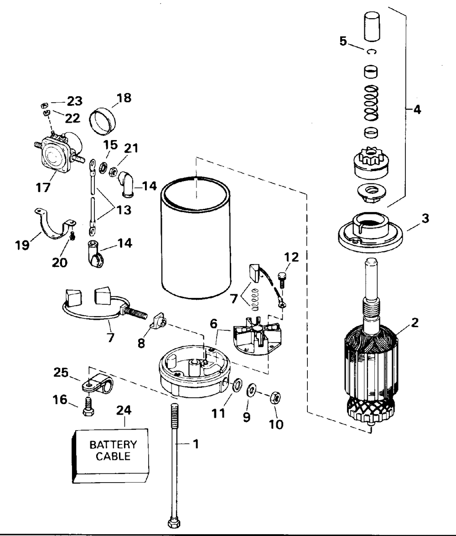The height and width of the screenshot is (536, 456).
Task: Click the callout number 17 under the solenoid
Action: pyautogui.click(x=43, y=187)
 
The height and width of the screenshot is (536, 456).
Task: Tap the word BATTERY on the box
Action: pyautogui.click(x=113, y=445)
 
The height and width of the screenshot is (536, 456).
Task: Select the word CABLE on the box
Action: pyautogui.click(x=113, y=456)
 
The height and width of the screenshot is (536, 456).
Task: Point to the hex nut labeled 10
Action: pyautogui.click(x=275, y=398)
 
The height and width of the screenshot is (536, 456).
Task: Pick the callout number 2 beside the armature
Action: pyautogui.click(x=415, y=323)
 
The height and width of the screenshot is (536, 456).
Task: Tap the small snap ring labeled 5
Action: pyautogui.click(x=371, y=52)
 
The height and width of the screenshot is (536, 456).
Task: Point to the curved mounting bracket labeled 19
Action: pyautogui.click(x=55, y=224)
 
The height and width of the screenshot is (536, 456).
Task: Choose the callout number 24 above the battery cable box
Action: pyautogui.click(x=124, y=410)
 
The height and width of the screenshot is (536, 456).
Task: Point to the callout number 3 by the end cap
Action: pyautogui.click(x=425, y=218)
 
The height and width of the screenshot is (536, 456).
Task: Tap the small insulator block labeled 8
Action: pyautogui.click(x=158, y=321)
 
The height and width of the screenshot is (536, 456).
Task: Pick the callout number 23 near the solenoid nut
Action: pyautogui.click(x=74, y=101)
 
